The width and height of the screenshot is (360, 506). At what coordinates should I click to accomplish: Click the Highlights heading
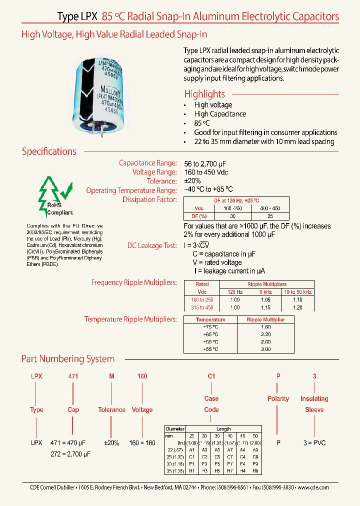(204, 94)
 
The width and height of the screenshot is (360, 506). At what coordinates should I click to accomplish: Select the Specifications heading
(49, 151)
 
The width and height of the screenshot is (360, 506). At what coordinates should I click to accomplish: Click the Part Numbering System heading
(68, 359)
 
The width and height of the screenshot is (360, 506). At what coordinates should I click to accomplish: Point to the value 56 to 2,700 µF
(208, 163)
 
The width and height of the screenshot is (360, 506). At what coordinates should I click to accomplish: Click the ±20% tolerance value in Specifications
(192, 181)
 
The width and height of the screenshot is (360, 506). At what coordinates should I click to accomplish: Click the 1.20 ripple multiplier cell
(297, 307)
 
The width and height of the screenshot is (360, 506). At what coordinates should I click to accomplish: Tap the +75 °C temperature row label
(210, 326)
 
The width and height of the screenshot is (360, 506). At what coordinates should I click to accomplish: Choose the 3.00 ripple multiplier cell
(266, 349)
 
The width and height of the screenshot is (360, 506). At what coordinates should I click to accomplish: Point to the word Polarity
(278, 398)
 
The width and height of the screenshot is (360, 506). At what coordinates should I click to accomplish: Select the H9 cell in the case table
(255, 470)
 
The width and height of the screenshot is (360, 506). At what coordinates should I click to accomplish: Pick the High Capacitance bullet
(220, 114)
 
